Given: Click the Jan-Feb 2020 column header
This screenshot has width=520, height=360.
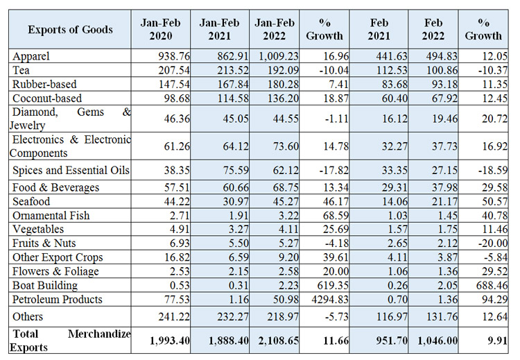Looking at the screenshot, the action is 161,29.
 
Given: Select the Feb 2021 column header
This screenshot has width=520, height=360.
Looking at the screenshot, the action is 379,29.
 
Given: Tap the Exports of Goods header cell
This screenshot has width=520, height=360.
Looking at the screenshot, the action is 70,30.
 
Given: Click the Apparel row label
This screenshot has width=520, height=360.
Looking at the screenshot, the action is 31,56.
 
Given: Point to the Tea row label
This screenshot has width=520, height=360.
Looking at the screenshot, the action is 21,70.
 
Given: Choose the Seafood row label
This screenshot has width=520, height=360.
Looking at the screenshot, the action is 31,201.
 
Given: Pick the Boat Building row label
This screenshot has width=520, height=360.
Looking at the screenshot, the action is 45,285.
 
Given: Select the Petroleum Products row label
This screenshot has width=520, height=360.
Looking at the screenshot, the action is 58,299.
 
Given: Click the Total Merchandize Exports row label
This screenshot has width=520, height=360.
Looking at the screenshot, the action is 70,341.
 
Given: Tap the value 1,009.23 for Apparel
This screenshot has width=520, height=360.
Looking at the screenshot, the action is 278,56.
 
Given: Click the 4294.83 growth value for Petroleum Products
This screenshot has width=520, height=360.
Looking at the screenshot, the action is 330,300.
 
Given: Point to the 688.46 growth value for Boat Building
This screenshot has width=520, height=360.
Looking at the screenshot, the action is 492,285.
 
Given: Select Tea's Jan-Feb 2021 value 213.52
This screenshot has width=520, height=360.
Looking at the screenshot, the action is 233,70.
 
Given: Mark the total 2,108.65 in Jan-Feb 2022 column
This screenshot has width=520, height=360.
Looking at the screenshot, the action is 278,341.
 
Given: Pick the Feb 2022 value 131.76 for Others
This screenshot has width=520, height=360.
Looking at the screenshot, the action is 442,316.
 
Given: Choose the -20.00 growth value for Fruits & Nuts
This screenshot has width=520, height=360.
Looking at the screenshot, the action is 493,243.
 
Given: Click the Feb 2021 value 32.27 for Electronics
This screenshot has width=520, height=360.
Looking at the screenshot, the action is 395,146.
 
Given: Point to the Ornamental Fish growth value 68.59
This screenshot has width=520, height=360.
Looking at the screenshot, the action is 336,215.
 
